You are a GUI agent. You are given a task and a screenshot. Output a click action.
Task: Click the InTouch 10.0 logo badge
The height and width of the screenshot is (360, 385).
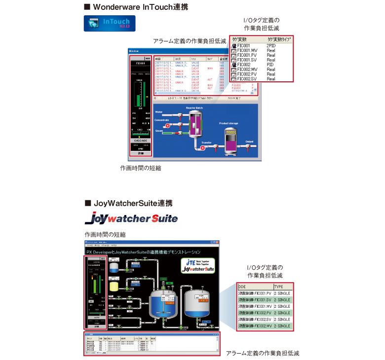pyautogui.click(x=109, y=24)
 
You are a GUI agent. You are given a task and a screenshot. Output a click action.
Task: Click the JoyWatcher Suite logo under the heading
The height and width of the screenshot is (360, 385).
pyautogui.click(x=131, y=217)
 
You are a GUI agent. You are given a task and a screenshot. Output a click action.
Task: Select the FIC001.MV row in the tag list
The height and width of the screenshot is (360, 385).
pyautogui.click(x=247, y=50)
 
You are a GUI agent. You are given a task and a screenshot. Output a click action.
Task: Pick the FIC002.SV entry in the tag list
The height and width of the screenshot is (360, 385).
pyautogui.click(x=247, y=78)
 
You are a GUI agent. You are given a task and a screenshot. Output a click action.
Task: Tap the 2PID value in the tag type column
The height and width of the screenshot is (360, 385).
pyautogui.click(x=271, y=45)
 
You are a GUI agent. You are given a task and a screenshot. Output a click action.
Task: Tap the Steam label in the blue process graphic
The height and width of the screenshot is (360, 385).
pyautogui.click(x=159, y=131)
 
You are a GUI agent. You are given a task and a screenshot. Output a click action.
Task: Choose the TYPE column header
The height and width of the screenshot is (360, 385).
pyautogui.click(x=279, y=286)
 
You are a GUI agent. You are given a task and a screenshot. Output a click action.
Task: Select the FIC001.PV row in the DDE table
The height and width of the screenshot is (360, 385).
pyautogui.click(x=254, y=293)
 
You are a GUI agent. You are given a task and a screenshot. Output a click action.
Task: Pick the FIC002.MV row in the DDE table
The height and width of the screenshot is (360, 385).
pyautogui.click(x=254, y=326)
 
